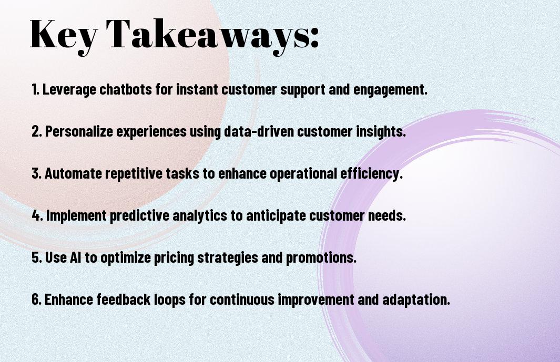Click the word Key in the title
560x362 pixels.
tap(63, 35)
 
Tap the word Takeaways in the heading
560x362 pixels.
tap(208, 35)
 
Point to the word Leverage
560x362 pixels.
tap(69, 90)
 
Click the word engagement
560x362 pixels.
tap(390, 90)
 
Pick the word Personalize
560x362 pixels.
tap(79, 131)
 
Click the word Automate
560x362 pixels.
tap(73, 173)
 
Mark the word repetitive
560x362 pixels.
tap(134, 174)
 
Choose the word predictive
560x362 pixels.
tap(140, 215)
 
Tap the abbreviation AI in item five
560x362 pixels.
tap(75, 257)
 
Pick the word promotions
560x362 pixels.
tap(321, 258)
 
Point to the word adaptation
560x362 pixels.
tap(416, 299)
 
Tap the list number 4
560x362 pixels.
tap(37, 215)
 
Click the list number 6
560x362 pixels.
tap(37, 299)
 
